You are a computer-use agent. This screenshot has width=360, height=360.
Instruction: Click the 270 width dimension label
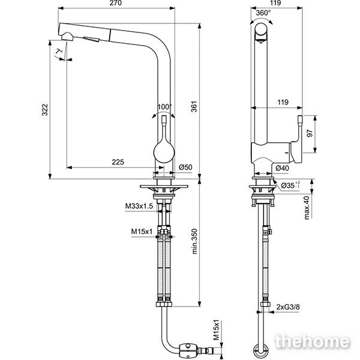pyautogui.click(x=115, y=3)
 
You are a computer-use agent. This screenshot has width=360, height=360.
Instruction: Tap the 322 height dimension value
pyautogui.click(x=45, y=110)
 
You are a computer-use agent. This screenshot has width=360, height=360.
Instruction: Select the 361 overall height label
pyautogui.click(x=194, y=106)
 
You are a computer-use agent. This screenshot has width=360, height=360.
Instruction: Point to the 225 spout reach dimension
pyautogui.click(x=118, y=162)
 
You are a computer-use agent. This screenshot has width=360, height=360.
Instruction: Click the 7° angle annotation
pyautogui.click(x=59, y=52)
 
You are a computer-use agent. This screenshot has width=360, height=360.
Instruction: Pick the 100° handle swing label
pyautogui.click(x=164, y=107)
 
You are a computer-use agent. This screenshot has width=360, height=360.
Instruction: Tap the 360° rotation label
pyautogui.click(x=263, y=13)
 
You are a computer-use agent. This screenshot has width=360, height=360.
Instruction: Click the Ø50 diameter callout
pyautogui.click(x=185, y=167)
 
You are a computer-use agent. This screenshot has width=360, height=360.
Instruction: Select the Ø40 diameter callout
pyautogui.click(x=282, y=168)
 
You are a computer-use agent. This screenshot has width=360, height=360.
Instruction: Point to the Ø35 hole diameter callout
pyautogui.click(x=290, y=185)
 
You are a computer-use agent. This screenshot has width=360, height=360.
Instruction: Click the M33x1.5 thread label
pyautogui.click(x=139, y=206)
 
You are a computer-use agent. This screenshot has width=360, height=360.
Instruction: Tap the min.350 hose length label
pyautogui.click(x=194, y=241)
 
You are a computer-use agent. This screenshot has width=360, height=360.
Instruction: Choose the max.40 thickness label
pyautogui.click(x=307, y=208)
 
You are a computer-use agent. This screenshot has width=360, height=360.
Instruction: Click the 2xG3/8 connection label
pyautogui.click(x=288, y=307)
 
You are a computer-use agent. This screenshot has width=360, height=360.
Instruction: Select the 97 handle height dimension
pyautogui.click(x=310, y=133)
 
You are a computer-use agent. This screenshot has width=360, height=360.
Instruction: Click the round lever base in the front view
pyautogui.click(x=164, y=152)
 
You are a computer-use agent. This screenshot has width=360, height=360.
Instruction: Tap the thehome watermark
pyautogui.click(x=312, y=341)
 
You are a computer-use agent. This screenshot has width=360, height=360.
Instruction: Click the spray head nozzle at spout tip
pyautogui.click(x=67, y=37)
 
